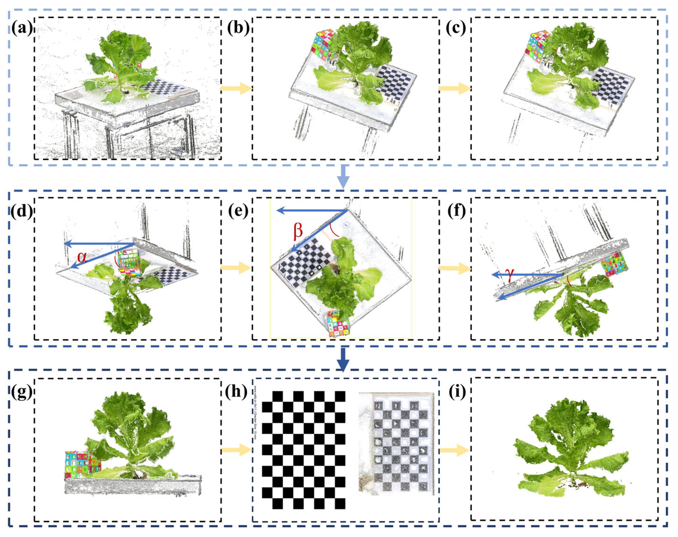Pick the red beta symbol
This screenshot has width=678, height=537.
[x=298, y=231]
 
